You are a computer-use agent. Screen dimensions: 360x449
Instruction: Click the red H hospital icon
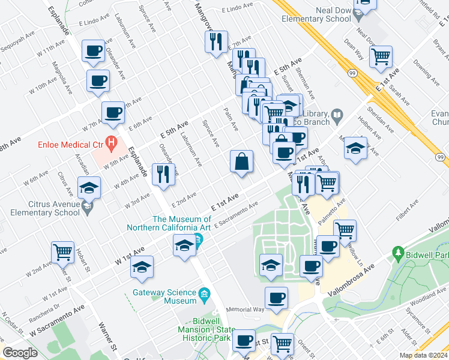110,142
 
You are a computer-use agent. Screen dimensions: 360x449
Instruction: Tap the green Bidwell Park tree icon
396,254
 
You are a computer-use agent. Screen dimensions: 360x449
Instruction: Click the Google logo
20,353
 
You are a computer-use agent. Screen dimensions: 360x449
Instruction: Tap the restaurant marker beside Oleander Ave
163,173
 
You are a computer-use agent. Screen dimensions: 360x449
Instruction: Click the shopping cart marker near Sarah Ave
381,57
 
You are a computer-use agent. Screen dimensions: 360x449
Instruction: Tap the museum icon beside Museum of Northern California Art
199,242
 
